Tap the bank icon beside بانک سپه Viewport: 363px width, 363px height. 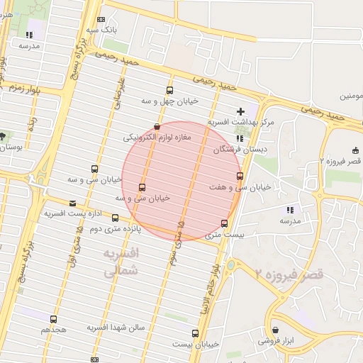click(101, 20)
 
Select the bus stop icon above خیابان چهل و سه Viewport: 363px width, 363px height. click(169, 90)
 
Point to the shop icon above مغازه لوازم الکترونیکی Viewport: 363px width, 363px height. click(156, 126)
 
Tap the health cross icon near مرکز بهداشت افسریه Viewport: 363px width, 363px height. click(240, 111)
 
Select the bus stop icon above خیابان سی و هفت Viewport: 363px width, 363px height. click(240, 176)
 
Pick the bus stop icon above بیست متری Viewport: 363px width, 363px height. click(224, 224)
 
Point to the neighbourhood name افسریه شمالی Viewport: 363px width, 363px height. click(122, 262)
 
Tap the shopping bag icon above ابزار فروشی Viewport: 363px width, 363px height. click(275, 330)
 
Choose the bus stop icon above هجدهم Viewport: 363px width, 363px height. click(54, 320)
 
